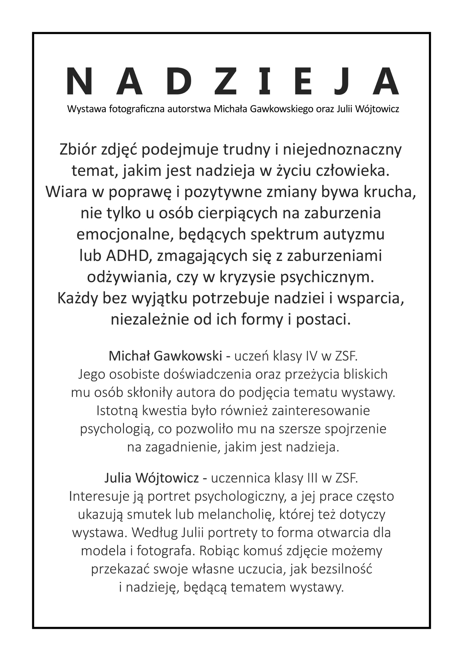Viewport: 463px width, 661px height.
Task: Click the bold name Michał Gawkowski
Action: point(165,356)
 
